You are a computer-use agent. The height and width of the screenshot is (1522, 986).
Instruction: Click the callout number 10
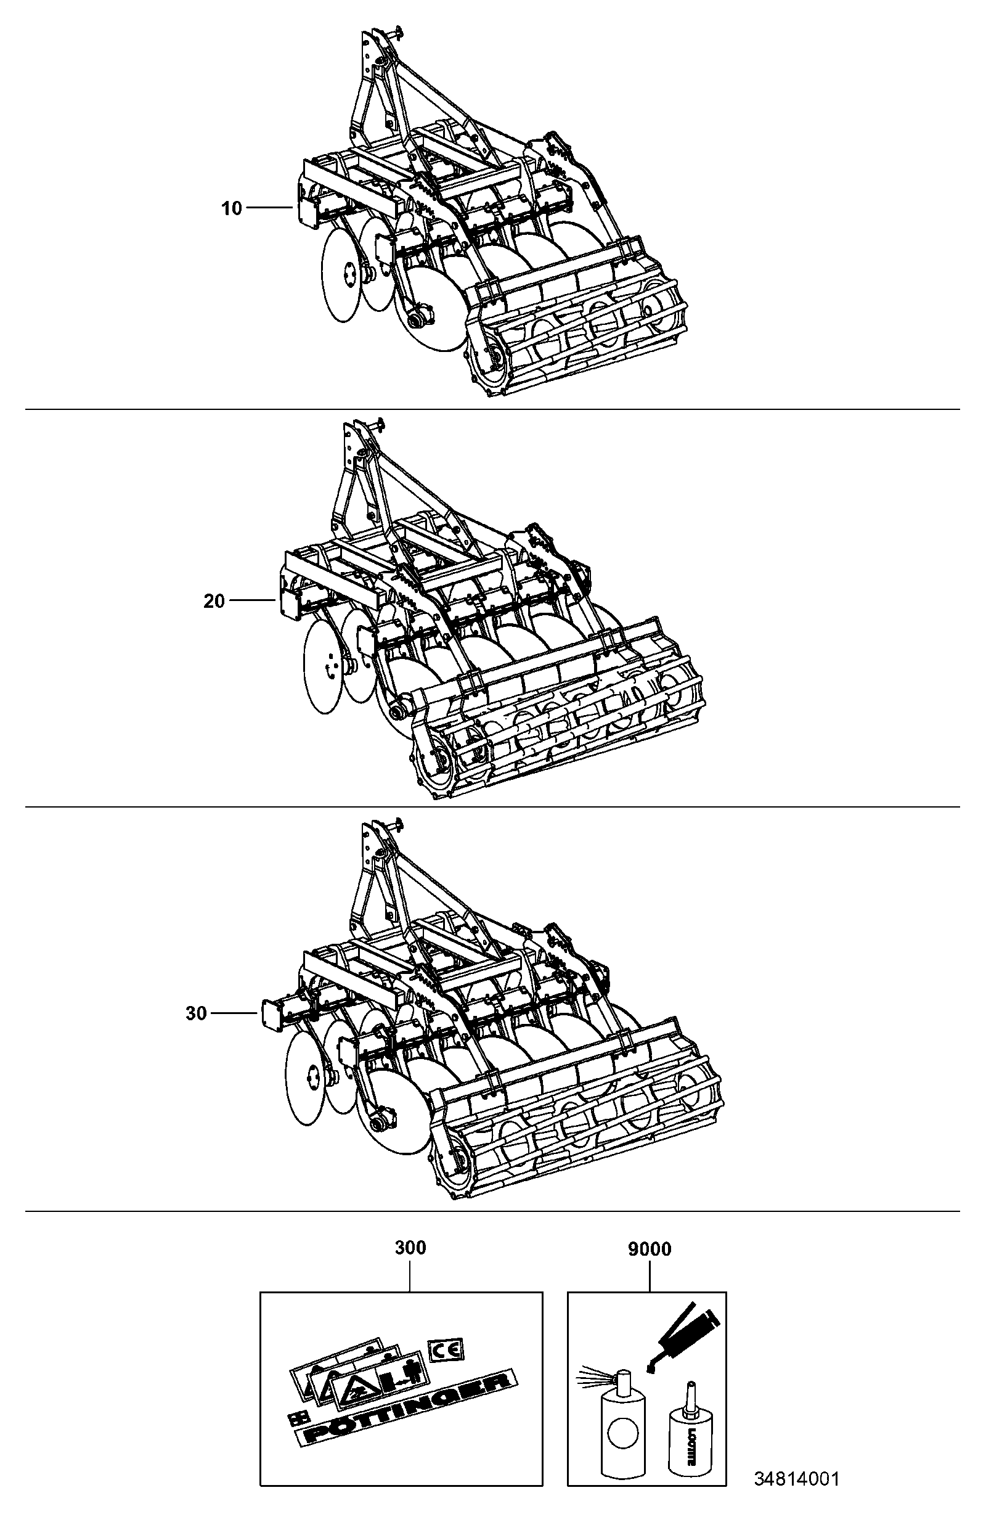pos(232,208)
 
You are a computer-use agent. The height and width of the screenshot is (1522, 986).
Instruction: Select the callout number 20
pos(214,601)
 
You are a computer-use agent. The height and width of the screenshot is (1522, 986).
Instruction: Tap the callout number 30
pos(197,1013)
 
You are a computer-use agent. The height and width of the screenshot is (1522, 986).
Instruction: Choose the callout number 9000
pos(650,1249)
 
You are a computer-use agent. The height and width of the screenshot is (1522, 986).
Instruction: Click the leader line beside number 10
pos(269,208)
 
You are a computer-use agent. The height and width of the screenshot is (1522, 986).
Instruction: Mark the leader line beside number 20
pos(252,600)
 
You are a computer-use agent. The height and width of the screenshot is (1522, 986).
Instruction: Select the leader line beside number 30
pos(234,1013)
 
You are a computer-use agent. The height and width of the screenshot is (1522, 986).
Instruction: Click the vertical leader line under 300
pos(410,1275)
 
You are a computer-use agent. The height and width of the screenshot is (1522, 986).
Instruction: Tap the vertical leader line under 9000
pos(650,1275)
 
